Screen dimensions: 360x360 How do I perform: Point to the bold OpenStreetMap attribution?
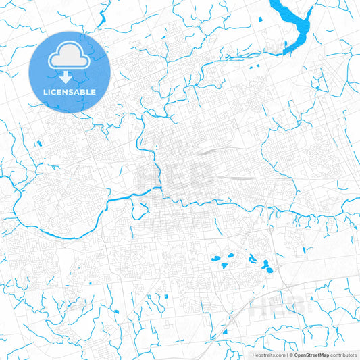point(311,354)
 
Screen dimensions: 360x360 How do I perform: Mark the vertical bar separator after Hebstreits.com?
point(287,354)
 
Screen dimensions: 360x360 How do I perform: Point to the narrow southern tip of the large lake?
point(286,49)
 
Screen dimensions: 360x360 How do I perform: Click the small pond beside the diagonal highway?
point(224,332)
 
